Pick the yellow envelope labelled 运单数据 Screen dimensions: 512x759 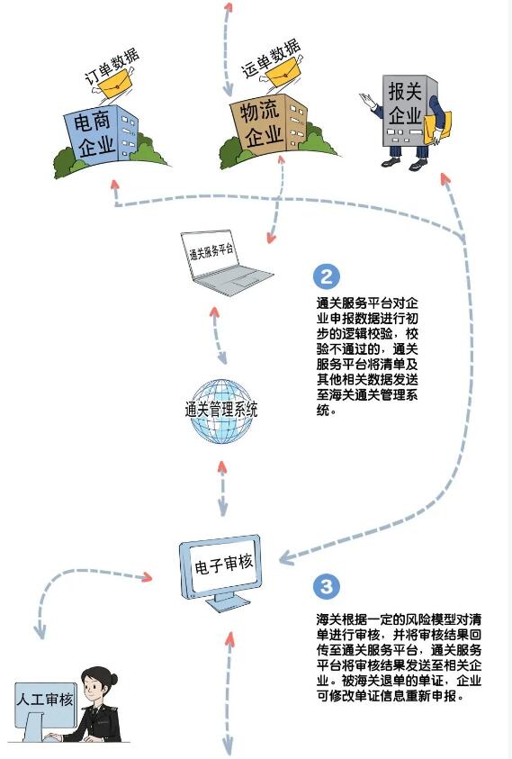tap(283, 73)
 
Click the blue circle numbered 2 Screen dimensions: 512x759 tap(327, 276)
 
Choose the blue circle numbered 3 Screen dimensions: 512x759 tap(327, 586)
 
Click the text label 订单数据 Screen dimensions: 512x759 tap(112, 67)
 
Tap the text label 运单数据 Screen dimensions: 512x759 tap(271, 59)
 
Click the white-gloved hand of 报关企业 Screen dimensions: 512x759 tap(370, 103)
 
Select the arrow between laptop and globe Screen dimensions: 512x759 tap(217, 335)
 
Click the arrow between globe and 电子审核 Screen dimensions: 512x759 tap(222, 488)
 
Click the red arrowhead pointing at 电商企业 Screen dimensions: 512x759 tap(115, 185)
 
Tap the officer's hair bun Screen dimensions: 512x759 tap(112, 679)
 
